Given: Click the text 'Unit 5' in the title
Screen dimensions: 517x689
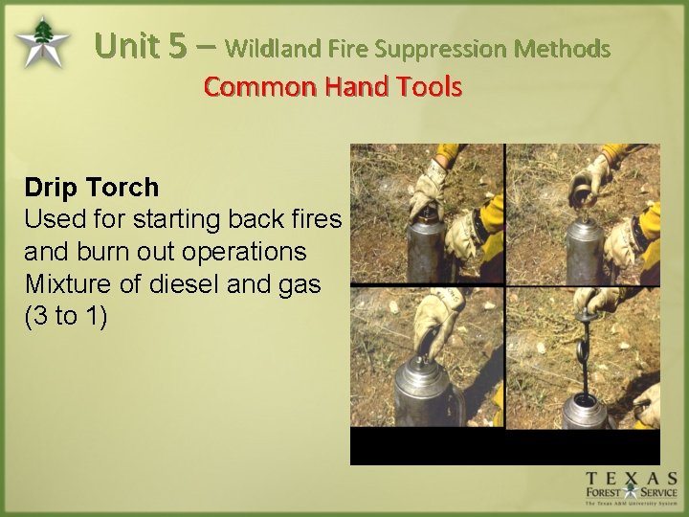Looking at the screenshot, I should [x=142, y=45].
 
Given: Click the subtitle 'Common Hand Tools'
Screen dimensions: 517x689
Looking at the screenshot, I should [x=332, y=87].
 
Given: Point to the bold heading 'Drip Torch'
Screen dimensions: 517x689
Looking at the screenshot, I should [x=92, y=187].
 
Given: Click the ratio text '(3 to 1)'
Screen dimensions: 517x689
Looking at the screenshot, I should [x=66, y=317].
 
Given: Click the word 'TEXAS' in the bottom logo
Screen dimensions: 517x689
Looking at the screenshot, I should [x=632, y=479].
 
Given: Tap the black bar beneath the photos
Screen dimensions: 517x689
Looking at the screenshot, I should [x=504, y=446].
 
